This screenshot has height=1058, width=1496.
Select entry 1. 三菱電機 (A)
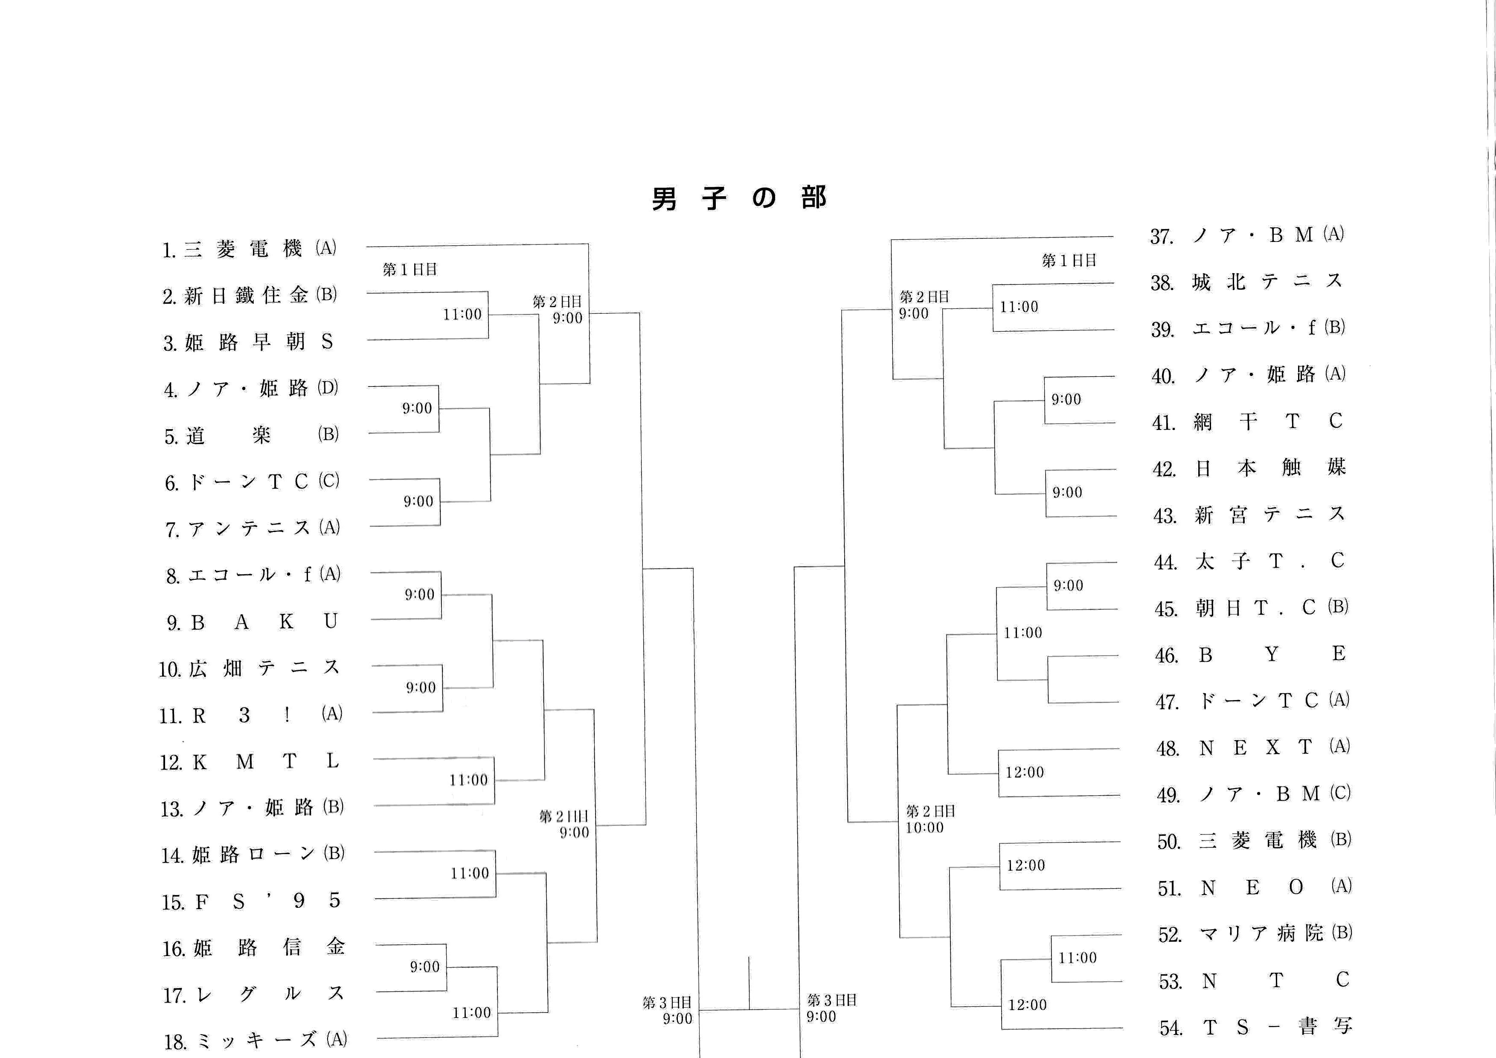(249, 249)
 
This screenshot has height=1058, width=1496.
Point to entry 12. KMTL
(250, 762)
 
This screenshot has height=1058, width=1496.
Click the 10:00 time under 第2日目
(924, 827)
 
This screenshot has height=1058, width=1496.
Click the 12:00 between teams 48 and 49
(1024, 773)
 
